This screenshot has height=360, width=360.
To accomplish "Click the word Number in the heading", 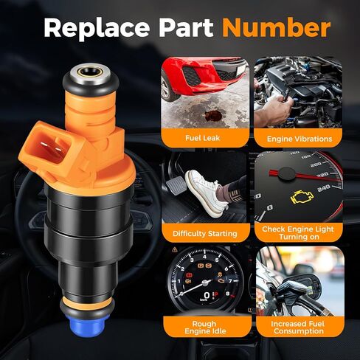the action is [x=276, y=27].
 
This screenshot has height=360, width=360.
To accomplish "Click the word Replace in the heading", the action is [x=97, y=29].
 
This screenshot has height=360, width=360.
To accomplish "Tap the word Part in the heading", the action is [x=186, y=27].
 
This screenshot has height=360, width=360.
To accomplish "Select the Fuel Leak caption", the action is [x=202, y=138].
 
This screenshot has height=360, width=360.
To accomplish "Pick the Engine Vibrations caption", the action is [x=300, y=139].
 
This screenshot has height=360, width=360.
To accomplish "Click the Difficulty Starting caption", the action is [x=205, y=233].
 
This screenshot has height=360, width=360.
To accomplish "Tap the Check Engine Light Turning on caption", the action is [x=298, y=233].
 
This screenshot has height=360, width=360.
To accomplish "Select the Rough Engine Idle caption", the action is [x=205, y=328].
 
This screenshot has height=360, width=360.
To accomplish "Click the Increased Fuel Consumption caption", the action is [x=298, y=328].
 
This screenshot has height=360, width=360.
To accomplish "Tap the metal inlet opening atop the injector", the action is [x=91, y=73].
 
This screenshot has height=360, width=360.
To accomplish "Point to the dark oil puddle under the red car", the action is [x=212, y=115].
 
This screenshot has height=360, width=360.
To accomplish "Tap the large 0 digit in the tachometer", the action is [x=207, y=295].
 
